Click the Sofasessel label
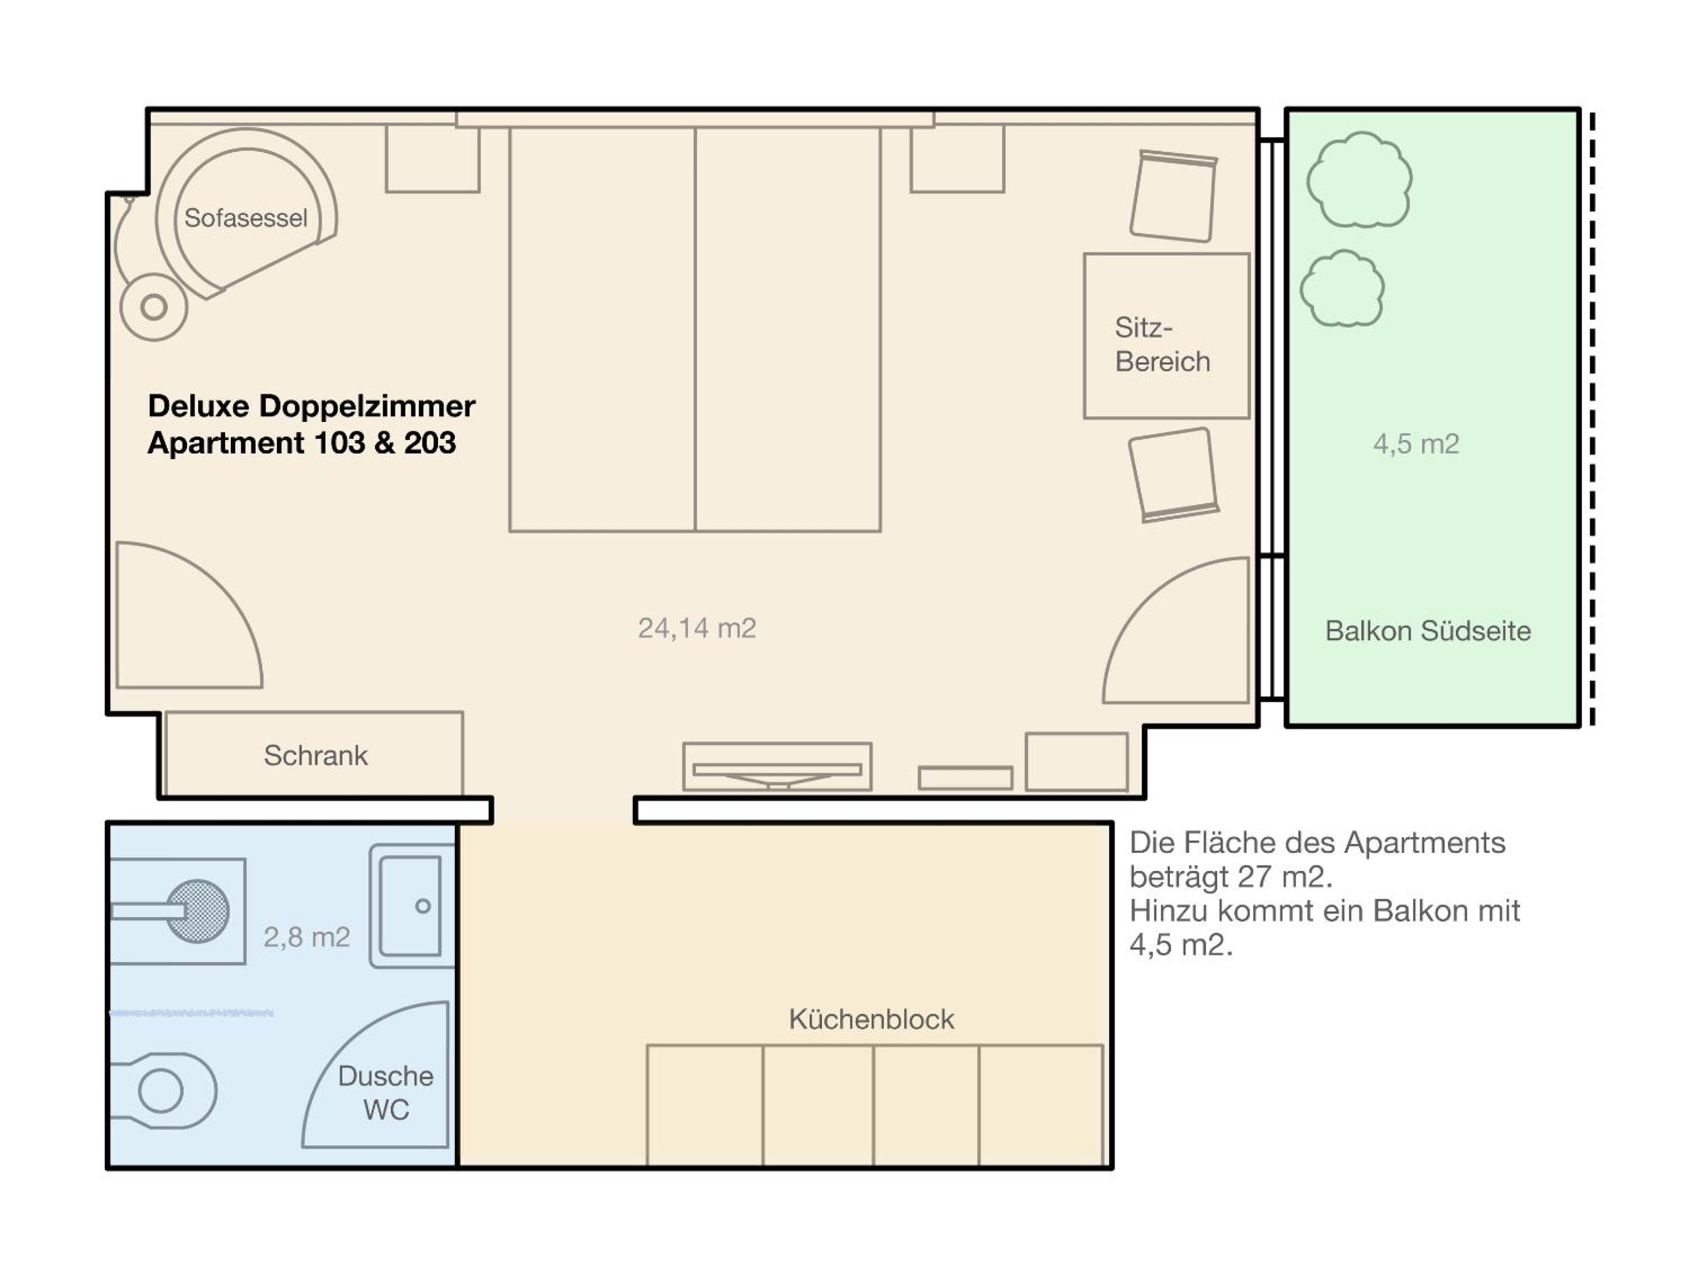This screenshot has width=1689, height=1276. [246, 218]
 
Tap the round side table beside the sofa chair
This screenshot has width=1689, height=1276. [154, 307]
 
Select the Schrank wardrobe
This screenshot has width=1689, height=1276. [314, 754]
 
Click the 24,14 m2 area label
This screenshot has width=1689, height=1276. [697, 628]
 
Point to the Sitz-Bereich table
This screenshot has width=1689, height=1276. [1167, 336]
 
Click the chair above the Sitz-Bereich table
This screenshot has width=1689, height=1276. [1174, 196]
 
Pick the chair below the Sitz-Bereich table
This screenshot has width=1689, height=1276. [1174, 475]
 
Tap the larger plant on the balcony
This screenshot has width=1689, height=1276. [1359, 180]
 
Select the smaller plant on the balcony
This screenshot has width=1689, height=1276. [1342, 289]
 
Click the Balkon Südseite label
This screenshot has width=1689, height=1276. [1428, 631]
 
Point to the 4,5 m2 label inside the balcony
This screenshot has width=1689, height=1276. [1416, 444]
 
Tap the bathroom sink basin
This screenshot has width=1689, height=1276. [411, 906]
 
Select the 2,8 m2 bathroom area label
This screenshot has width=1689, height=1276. [307, 937]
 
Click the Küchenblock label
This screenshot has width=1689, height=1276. [871, 1019]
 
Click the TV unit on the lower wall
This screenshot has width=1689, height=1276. [777, 767]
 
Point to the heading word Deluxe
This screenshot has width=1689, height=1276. [198, 406]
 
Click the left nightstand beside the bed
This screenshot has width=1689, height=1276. [433, 159]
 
